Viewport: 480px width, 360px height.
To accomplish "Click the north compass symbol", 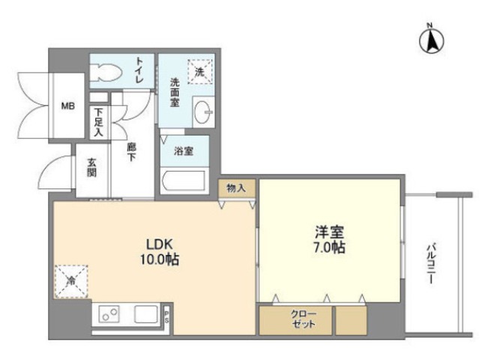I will click(x=431, y=40).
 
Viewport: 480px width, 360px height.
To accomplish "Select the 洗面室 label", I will click(x=174, y=92).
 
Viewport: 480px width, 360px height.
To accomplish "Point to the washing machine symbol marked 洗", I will click(x=200, y=72).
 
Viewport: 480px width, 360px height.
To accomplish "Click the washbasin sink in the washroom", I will click(x=203, y=114).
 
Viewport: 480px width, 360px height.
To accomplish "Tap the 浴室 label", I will click(x=183, y=151).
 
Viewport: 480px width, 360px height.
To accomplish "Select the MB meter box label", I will click(x=67, y=106).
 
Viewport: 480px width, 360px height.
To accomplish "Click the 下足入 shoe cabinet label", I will click(x=98, y=122).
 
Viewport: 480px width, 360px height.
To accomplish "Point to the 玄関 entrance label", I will click(x=91, y=166).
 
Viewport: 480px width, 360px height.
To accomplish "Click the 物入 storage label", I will click(x=237, y=188).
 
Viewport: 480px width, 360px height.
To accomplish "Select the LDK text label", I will click(x=159, y=245).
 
